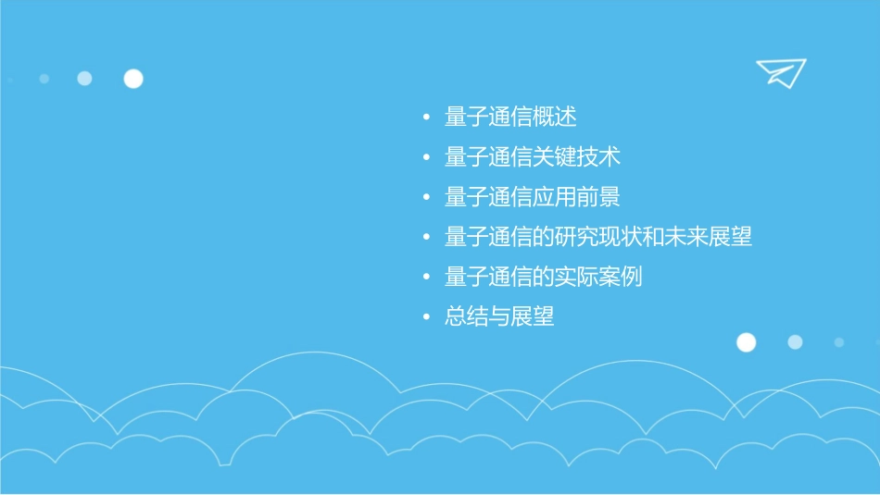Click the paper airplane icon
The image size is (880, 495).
781,72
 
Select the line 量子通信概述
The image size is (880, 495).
510,118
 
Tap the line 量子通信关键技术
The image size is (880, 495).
533,157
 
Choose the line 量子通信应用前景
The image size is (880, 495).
533,197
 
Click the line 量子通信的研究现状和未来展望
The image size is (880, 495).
598,237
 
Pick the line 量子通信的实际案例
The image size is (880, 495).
544,277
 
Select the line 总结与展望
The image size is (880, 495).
499,316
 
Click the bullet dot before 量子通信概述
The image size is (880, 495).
426,118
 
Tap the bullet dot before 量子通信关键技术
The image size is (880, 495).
426,158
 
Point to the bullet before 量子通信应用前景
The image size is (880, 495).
426,198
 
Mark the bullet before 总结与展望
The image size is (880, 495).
426,317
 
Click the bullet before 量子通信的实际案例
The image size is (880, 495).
426,278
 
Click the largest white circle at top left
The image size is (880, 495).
133,79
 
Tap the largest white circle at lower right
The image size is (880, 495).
746,342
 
